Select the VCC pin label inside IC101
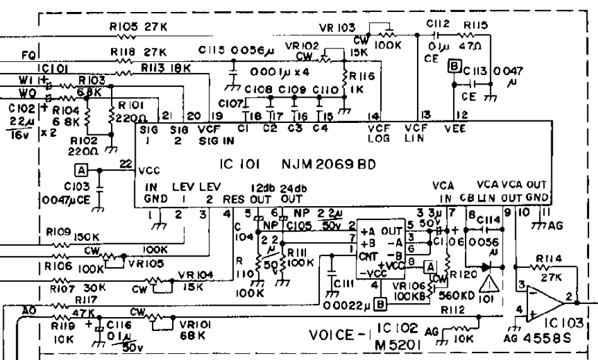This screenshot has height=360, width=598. [149, 170]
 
